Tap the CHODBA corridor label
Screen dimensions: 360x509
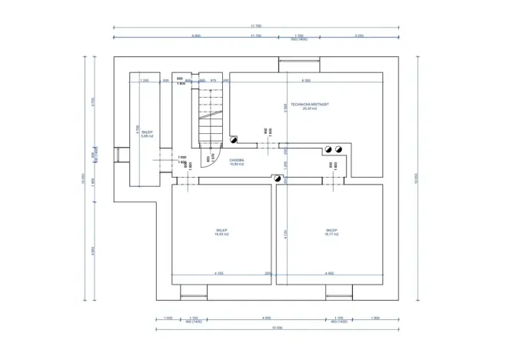(238, 162)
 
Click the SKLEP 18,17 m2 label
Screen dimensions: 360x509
(331, 232)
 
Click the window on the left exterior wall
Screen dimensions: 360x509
(118, 155)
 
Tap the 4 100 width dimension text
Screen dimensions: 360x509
(218, 273)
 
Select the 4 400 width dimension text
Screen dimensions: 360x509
(330, 273)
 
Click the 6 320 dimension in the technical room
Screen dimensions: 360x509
(306, 80)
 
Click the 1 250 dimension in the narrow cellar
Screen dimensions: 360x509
(145, 80)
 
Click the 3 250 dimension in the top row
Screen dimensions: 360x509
(359, 35)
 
